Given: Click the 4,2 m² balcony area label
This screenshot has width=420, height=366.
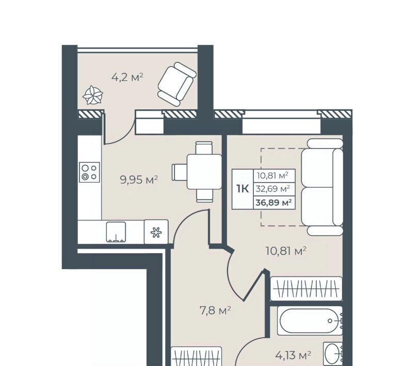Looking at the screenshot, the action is click(127, 78).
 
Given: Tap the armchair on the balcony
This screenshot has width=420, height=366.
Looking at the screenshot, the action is click(177, 84).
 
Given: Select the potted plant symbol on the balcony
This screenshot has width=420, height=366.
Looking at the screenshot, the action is click(93, 95).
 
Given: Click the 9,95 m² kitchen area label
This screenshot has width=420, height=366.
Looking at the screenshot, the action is click(139, 179).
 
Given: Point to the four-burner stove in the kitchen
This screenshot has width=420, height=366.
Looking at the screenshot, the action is click(89, 172).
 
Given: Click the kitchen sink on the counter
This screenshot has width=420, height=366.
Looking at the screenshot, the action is click(116, 232).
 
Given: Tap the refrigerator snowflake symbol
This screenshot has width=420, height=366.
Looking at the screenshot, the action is click(156, 232).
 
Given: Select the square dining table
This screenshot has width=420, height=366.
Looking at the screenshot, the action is click(204, 172).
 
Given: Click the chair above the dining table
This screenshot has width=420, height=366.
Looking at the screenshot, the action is click(204, 147).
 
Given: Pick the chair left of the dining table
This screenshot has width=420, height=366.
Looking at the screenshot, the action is click(180, 172).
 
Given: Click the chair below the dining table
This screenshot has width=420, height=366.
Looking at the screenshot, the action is click(204, 195).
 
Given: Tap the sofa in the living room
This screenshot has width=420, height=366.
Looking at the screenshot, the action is click(322, 187).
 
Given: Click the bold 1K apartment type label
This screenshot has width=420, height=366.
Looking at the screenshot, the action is click(243, 189).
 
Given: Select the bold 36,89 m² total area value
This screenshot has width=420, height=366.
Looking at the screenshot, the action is click(273, 203).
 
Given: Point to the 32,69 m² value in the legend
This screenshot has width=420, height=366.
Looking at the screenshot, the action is click(272, 189).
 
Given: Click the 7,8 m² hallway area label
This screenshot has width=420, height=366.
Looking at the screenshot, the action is click(215, 311).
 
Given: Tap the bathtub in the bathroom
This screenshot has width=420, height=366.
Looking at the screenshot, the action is click(310, 321).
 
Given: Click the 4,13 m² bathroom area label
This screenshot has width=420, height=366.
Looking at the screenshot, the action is click(293, 355).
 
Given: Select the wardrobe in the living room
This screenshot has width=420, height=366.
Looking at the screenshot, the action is click(306, 289).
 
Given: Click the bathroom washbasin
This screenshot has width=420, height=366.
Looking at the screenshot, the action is click(333, 354).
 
